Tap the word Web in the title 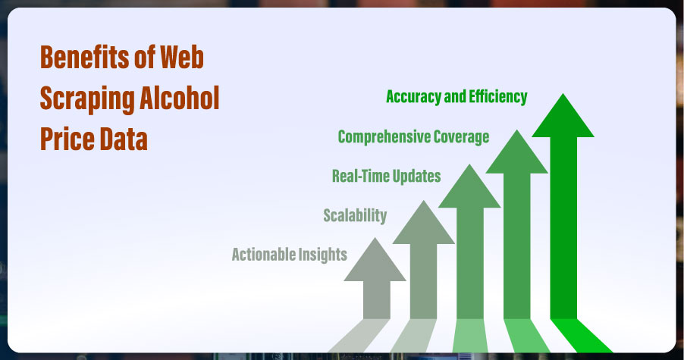point(181,57)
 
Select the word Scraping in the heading point(86,99)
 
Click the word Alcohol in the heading point(179,97)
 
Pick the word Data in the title point(124,139)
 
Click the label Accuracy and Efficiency point(457,97)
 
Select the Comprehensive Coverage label point(413,137)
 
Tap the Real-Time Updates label point(387,176)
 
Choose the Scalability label point(355,216)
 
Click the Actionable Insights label point(289,255)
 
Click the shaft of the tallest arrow point(563,228)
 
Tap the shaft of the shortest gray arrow point(377,300)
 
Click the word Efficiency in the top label point(498,97)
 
